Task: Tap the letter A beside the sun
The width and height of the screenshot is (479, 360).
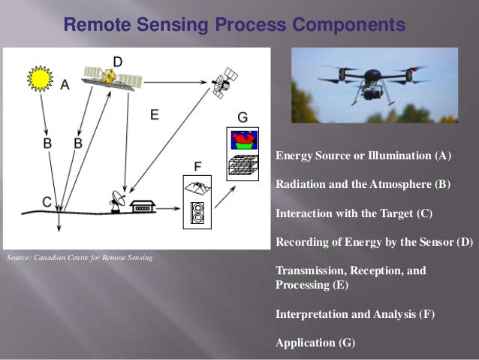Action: [65, 85]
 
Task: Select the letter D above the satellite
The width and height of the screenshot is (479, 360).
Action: [118, 60]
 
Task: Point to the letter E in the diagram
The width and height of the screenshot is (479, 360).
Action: [154, 115]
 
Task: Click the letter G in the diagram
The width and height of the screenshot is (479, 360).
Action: [242, 117]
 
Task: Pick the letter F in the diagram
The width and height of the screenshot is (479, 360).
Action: [198, 165]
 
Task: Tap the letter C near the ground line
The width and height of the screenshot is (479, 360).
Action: [47, 201]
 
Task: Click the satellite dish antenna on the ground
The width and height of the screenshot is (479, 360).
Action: [118, 199]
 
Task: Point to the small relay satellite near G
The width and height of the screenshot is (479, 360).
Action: [224, 81]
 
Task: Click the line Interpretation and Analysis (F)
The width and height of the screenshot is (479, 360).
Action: [355, 314]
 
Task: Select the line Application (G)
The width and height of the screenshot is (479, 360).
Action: [315, 343]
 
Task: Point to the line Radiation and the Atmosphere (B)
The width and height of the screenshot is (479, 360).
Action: [363, 185]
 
